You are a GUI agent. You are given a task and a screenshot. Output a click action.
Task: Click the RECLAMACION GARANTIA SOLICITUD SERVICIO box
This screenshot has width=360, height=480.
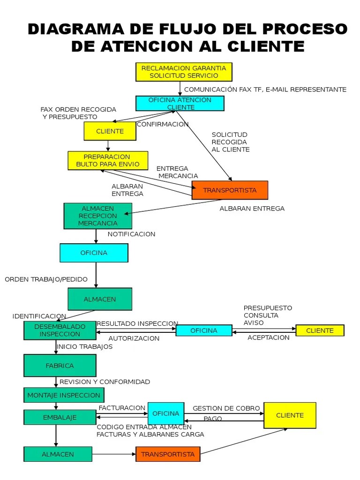click(184, 72)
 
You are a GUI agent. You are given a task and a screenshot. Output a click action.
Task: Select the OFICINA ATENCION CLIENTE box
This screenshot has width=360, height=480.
click(180, 103)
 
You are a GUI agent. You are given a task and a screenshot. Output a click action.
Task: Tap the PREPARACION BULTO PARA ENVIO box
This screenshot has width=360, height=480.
click(108, 160)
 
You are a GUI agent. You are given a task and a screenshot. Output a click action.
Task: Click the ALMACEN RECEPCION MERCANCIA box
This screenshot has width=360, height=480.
click(97, 216)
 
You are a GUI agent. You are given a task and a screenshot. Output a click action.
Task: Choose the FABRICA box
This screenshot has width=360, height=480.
click(60, 366)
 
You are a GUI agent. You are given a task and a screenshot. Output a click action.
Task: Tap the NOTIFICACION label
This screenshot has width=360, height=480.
click(131, 234)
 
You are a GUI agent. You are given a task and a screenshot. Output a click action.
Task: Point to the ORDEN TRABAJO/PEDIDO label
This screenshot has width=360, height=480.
click(46, 279)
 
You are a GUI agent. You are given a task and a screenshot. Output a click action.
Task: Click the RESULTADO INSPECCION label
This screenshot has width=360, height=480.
click(137, 323)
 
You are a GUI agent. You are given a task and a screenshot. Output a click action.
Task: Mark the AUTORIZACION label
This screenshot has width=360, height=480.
click(134, 338)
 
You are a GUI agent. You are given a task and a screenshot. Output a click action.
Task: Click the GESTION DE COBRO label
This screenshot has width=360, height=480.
click(226, 408)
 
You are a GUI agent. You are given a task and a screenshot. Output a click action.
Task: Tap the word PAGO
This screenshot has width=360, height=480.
click(213, 419)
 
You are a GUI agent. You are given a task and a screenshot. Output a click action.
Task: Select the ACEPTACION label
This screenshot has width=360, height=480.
click(269, 337)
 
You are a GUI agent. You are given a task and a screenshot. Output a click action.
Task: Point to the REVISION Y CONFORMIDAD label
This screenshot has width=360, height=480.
click(105, 382)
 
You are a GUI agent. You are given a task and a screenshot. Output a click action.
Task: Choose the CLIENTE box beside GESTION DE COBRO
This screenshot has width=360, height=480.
click(290, 415)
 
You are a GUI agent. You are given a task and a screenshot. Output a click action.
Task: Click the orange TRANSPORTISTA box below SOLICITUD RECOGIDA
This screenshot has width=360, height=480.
click(230, 190)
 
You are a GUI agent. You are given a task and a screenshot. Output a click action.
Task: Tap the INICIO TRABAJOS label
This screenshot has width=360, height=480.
click(84, 347)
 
